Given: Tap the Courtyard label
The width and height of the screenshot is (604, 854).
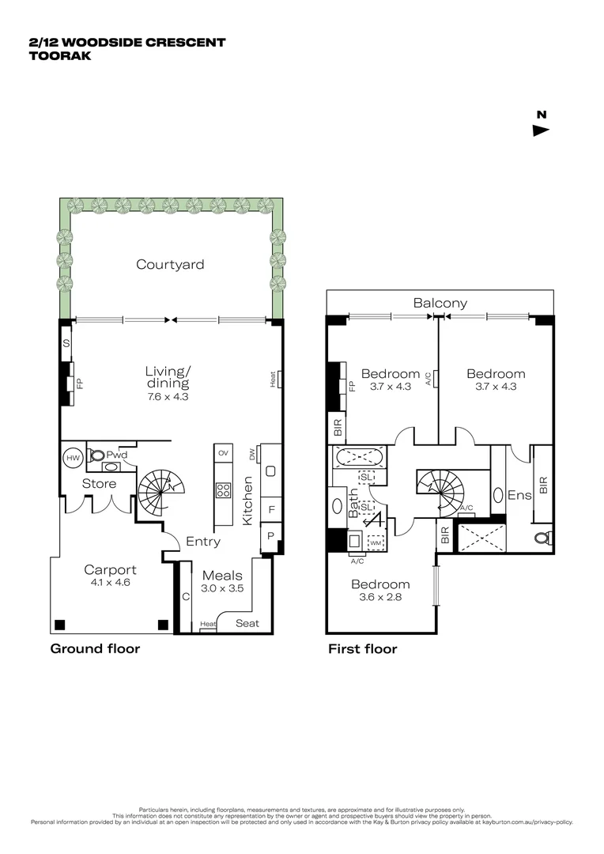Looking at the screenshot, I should pos(169,264).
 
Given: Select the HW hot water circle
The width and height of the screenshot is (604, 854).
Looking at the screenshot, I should pos(73,458).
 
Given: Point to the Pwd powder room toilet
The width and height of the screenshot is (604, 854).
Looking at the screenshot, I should pos(98,455).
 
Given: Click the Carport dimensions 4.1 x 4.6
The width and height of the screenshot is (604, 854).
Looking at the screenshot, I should pos(110,583).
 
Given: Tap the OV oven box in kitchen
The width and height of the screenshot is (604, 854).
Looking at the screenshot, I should pos(223,453).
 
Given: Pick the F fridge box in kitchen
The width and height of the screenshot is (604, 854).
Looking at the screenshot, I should pos(271,510).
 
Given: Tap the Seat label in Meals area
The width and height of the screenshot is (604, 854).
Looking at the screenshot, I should pos(247,623).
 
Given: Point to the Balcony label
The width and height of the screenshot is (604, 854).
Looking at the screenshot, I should pos(440,303).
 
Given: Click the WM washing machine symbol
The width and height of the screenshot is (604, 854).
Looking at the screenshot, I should pos(376,543).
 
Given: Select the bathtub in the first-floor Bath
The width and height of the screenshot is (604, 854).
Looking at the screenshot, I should pos(360,457).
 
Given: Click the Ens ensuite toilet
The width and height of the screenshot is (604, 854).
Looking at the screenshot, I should pos(543,538).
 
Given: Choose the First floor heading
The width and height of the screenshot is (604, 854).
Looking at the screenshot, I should pos(362,649).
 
